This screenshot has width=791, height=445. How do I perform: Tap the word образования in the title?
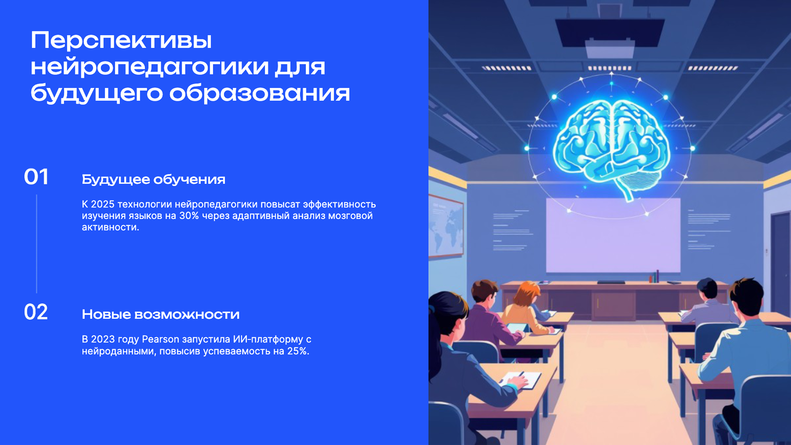coord(259,93)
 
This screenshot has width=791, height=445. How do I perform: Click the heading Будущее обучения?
coord(153,179)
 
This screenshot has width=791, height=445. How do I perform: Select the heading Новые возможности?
coord(160,314)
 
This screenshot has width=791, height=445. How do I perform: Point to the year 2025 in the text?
coord(103,204)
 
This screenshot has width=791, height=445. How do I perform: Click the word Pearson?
coord(160,339)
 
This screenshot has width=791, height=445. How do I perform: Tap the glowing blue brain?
coord(611,144)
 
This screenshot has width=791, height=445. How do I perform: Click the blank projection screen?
coord(613,243)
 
